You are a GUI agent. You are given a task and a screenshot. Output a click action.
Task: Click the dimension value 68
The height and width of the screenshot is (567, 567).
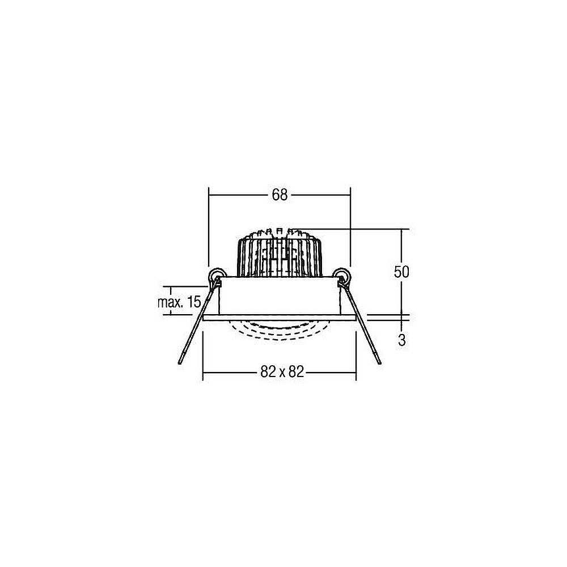280,195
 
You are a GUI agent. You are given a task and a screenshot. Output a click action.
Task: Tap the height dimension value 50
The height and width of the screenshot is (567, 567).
401,272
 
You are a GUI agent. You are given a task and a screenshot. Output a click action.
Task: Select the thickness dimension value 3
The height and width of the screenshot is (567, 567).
402,340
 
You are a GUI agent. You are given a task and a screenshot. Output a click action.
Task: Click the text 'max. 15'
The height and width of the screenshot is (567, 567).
179,302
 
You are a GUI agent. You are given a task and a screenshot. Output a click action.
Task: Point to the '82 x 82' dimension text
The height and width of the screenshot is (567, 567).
282,371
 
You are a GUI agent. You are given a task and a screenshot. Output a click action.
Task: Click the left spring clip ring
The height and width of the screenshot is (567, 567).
217,275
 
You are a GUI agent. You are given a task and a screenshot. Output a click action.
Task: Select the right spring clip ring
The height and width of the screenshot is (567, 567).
342,275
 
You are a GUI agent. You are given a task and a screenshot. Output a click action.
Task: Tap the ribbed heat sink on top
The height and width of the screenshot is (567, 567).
279,253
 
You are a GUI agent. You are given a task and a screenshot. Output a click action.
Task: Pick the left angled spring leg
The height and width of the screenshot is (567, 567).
198,321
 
